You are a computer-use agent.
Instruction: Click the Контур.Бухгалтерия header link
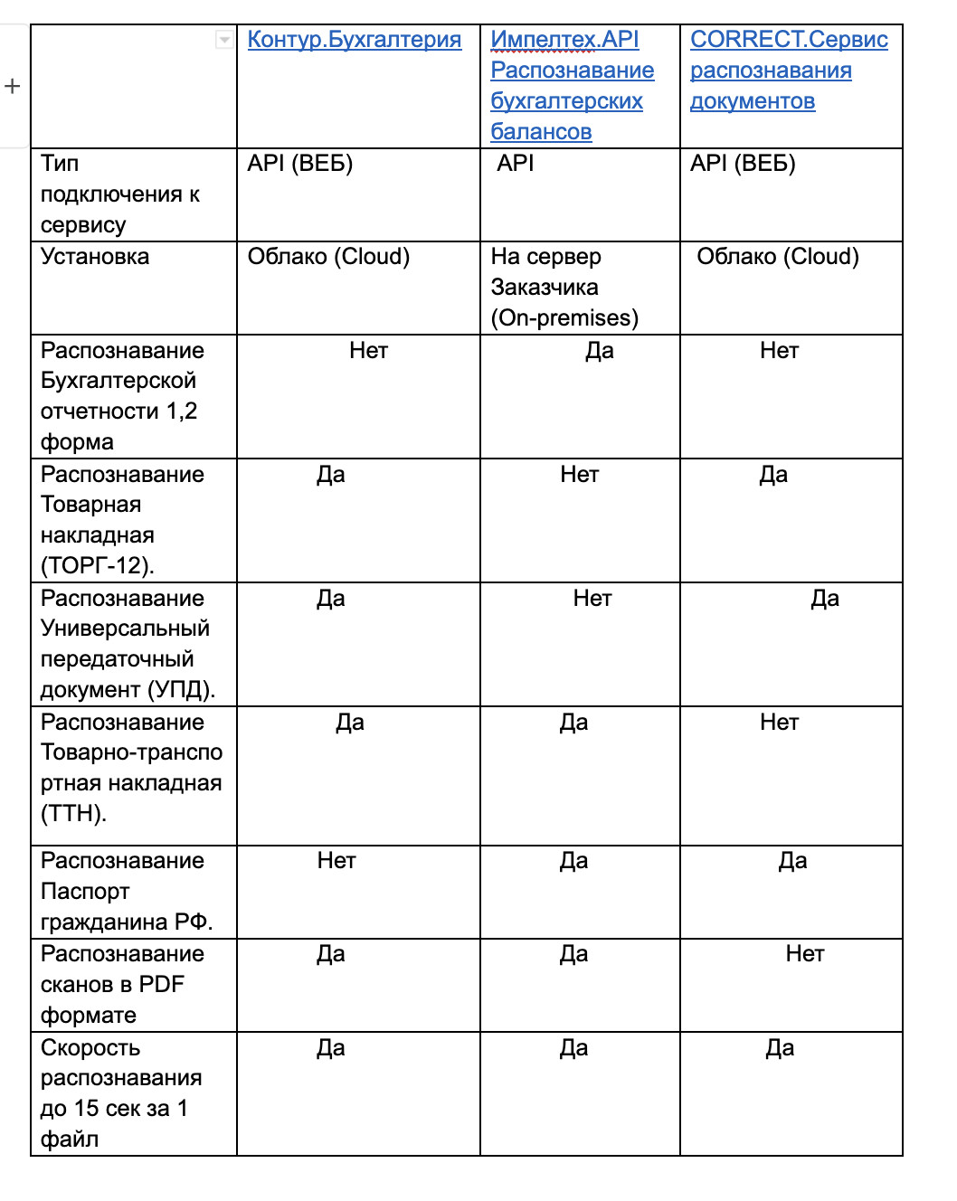click(354, 40)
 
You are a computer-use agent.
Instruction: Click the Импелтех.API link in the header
click(564, 40)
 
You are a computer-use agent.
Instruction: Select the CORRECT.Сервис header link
click(789, 40)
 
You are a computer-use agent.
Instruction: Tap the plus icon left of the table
click(12, 87)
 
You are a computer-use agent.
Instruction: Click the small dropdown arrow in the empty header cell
click(223, 40)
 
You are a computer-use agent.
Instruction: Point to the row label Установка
click(95, 257)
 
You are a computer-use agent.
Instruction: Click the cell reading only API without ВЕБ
click(516, 164)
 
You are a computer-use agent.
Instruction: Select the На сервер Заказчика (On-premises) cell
click(564, 288)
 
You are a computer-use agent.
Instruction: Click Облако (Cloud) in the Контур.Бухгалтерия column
click(328, 257)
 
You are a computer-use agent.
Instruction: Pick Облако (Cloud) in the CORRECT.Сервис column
click(778, 257)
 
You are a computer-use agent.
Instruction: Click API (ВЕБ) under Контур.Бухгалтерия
click(300, 164)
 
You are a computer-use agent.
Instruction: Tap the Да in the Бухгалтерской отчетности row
click(600, 351)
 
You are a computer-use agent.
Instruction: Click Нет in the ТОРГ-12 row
click(580, 475)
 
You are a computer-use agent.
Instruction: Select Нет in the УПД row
click(592, 599)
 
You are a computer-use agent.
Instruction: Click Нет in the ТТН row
click(780, 723)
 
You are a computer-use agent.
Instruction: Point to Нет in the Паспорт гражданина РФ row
click(336, 861)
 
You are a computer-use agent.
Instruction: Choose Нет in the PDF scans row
click(805, 954)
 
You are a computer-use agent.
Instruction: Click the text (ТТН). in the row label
click(73, 814)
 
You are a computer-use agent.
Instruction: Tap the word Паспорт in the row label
click(85, 892)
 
